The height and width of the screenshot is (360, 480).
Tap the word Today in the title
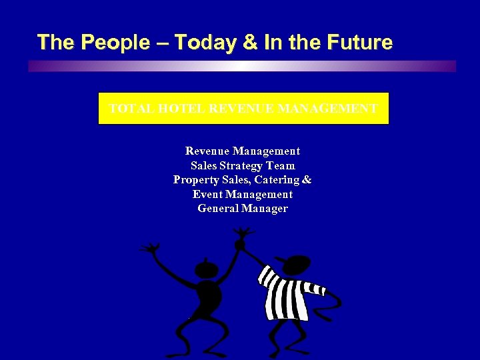[x=201, y=43]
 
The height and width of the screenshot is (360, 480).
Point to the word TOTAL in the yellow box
[x=130, y=108]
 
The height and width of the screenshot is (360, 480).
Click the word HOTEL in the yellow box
[x=180, y=108]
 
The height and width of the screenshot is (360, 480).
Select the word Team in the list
[x=281, y=165]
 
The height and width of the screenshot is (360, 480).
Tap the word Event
[x=207, y=195]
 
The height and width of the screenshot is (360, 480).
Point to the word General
[x=217, y=209]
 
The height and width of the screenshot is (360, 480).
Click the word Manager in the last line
[x=265, y=209]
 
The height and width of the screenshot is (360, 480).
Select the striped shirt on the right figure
[x=285, y=293]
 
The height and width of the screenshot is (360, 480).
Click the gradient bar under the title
[x=242, y=67]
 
